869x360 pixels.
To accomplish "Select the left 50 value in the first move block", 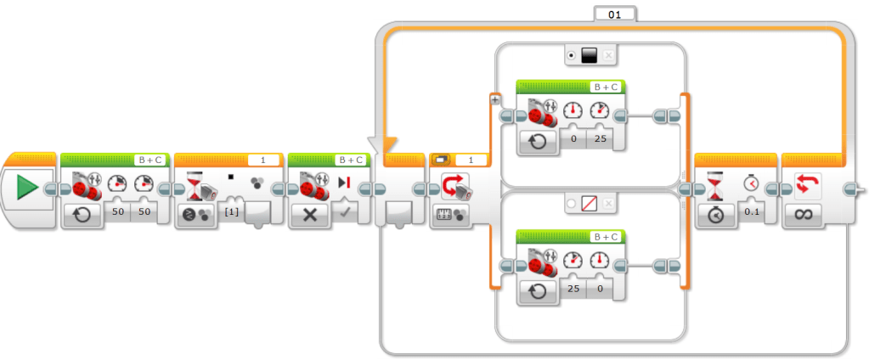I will click(118, 210).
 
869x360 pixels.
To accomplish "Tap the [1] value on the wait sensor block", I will click(230, 210).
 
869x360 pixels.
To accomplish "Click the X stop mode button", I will click(309, 215).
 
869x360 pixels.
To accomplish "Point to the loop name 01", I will click(614, 14).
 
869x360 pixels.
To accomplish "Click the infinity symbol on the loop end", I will click(804, 215).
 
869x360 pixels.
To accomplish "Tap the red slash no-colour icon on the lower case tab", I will click(590, 203).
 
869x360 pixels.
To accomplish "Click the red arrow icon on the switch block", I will click(450, 184).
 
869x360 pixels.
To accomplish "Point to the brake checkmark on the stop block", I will click(344, 210).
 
